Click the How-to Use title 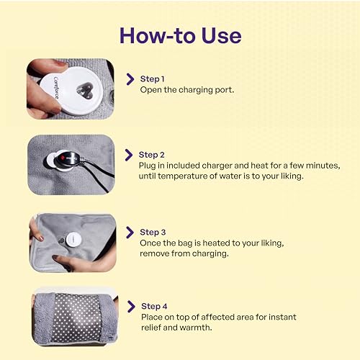(180, 34)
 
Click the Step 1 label (152, 78)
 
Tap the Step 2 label (152, 155)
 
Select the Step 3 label (153, 232)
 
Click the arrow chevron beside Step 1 (130, 78)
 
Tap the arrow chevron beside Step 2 (129, 155)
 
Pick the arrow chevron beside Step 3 (129, 232)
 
